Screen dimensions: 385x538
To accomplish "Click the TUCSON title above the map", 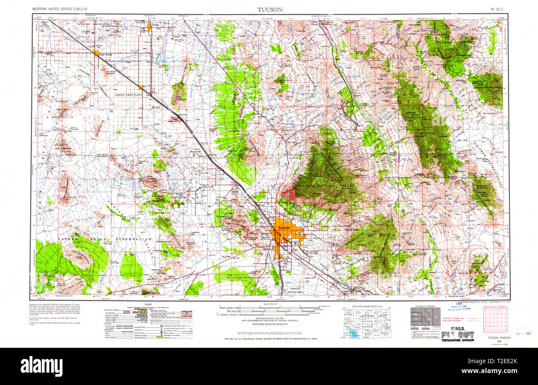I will (x=270, y=9).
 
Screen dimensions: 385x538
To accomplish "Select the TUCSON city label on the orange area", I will (x=284, y=228).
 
